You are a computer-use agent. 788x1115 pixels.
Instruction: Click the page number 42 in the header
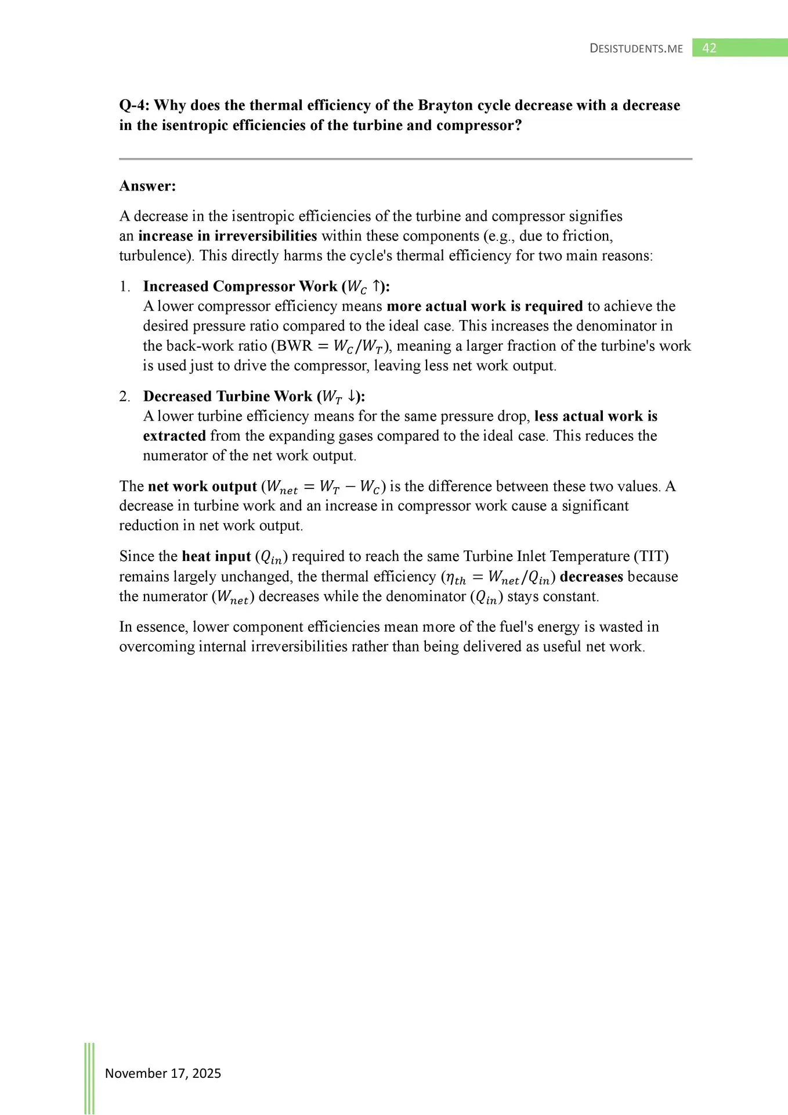pyautogui.click(x=709, y=48)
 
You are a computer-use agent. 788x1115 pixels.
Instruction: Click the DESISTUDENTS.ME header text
pyautogui.click(x=636, y=49)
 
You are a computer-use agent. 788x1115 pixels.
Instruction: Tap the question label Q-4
pyautogui.click(x=134, y=106)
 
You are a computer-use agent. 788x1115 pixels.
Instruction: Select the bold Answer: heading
pyautogui.click(x=147, y=186)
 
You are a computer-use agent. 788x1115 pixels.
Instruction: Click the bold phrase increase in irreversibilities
pyautogui.click(x=227, y=236)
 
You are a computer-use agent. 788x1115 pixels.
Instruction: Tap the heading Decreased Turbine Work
pyautogui.click(x=227, y=396)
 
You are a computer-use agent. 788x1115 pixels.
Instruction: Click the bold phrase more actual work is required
pyautogui.click(x=485, y=306)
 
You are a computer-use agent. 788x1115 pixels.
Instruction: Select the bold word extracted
pyautogui.click(x=175, y=436)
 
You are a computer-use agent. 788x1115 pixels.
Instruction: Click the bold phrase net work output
pyautogui.click(x=203, y=487)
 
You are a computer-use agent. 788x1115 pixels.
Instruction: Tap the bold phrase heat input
pyautogui.click(x=216, y=556)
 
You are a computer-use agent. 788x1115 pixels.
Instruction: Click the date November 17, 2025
pyautogui.click(x=163, y=1073)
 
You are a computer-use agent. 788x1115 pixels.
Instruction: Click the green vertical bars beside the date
pyautogui.click(x=89, y=1077)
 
